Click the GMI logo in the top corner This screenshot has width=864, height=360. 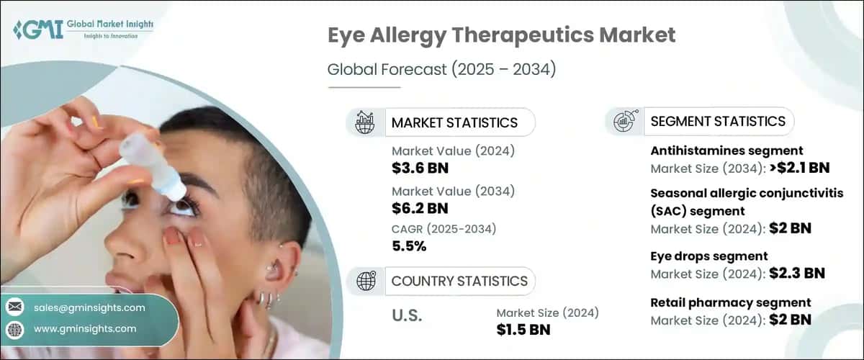tap(82, 30)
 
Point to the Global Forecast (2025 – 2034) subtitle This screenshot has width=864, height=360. tap(442, 70)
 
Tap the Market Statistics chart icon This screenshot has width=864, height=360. tap(365, 122)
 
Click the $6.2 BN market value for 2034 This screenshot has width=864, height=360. tap(420, 208)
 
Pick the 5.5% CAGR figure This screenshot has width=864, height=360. tap(409, 246)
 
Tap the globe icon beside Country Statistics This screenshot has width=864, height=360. tap(365, 281)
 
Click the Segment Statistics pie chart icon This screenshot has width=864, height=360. tap(624, 122)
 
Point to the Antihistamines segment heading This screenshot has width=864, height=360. tap(726, 150)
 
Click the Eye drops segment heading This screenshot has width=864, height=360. tap(708, 256)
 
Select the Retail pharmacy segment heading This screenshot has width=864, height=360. tap(730, 302)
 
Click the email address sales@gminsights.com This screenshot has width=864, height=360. tap(89, 307)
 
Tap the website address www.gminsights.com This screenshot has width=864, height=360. tap(84, 329)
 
